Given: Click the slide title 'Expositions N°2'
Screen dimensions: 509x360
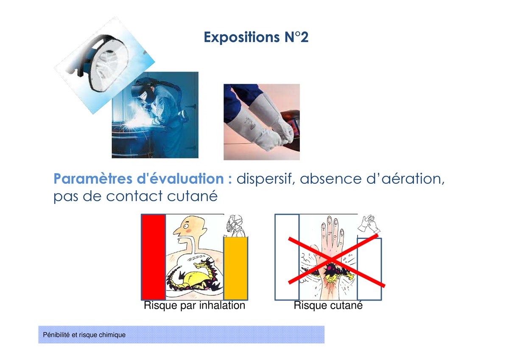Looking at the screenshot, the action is click(x=256, y=37).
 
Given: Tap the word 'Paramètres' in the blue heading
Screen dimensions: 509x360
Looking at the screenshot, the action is click(x=93, y=179).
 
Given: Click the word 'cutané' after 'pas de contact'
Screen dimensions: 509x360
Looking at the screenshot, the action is click(x=192, y=196).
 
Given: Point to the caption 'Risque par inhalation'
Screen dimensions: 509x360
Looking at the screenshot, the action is click(x=195, y=305).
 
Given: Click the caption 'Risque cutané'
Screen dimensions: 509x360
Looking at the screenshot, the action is click(x=328, y=305).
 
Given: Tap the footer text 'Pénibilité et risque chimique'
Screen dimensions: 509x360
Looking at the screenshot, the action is click(x=84, y=335).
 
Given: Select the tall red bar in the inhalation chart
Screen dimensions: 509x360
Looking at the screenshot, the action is click(x=154, y=257).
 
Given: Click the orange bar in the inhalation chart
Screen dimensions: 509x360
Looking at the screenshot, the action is click(x=236, y=268).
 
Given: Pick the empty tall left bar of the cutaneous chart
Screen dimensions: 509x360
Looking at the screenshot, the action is click(x=287, y=257).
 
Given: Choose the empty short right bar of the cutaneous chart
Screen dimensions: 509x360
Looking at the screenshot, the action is click(x=369, y=269).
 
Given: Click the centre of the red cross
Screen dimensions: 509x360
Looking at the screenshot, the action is click(x=332, y=260).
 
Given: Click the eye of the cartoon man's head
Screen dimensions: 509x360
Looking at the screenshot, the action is click(x=186, y=227).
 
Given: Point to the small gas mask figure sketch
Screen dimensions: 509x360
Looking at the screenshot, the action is click(x=235, y=225).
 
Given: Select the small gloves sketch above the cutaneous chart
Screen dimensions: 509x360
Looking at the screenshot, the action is click(x=369, y=224).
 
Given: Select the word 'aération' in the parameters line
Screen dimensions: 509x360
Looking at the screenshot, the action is click(x=413, y=179).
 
